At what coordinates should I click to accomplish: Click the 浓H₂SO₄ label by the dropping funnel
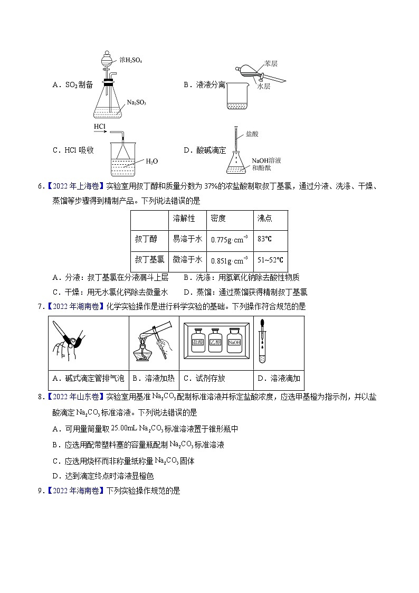coord(131,61)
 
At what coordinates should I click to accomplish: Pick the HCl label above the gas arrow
coord(100,127)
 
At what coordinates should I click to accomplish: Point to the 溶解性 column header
coord(184,218)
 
